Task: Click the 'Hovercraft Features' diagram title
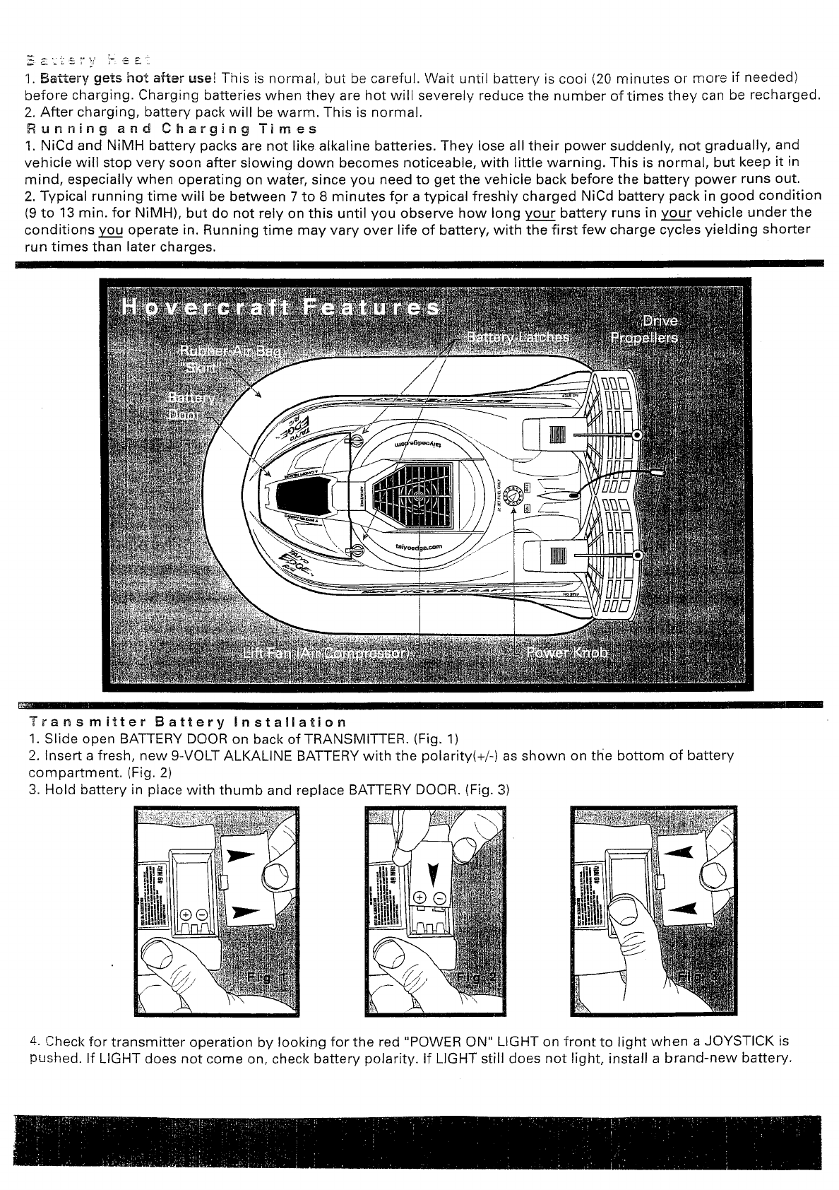280,310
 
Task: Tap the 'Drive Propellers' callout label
644,329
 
